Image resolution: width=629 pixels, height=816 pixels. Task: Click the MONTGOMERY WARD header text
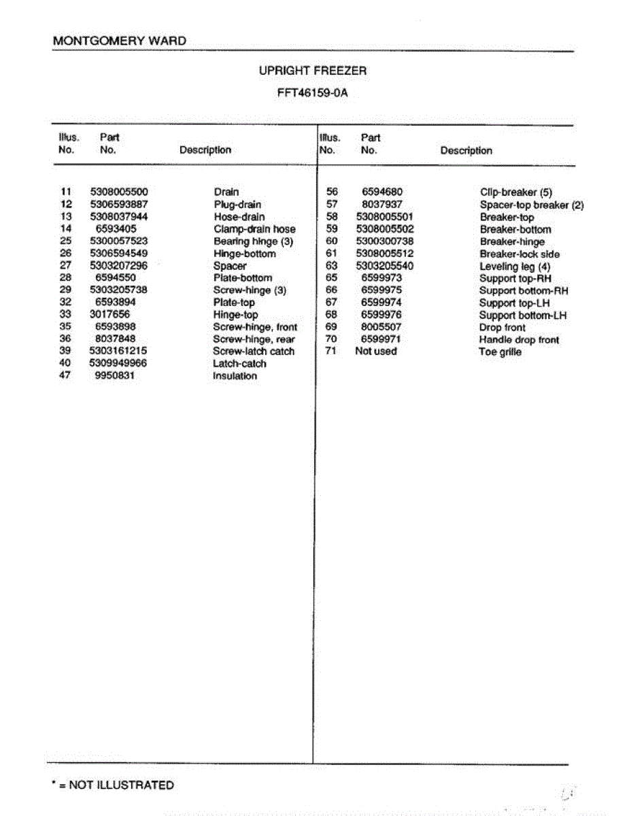[x=120, y=41]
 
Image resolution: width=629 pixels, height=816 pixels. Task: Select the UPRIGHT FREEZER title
[x=313, y=71]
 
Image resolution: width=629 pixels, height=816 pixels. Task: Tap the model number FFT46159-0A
[x=313, y=93]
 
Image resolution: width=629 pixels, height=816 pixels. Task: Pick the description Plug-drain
[x=237, y=205]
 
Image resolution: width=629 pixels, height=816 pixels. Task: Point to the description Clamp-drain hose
[x=254, y=229]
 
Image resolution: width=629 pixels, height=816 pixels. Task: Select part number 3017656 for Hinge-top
[x=109, y=314]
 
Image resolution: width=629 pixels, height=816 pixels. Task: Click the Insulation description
[x=235, y=376]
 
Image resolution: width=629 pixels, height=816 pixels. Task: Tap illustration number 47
[x=65, y=375]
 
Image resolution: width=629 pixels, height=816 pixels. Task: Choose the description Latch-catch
[x=239, y=364]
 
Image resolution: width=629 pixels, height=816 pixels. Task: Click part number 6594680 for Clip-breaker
[x=381, y=192]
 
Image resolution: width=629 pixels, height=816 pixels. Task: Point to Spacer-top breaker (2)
[x=531, y=205]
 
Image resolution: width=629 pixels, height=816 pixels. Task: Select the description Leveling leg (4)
[x=515, y=267]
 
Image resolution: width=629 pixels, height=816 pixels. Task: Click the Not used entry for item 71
[x=375, y=352]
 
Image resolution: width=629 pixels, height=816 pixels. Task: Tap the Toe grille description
[x=500, y=352]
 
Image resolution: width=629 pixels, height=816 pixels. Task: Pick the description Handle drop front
[x=519, y=340]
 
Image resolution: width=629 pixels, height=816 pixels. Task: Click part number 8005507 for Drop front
[x=381, y=327]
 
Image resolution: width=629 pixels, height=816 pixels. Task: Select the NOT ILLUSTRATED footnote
[x=113, y=785]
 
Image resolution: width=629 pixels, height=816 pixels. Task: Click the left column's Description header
[x=205, y=150]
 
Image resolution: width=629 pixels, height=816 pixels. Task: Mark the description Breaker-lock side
[x=520, y=254]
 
